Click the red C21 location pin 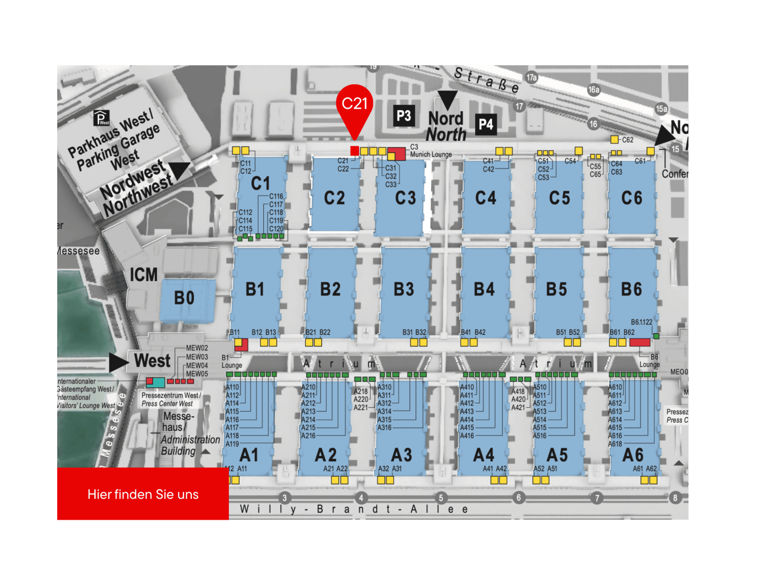point(354,106)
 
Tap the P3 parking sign point(404,115)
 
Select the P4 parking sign point(486,124)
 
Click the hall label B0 point(184,298)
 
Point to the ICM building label point(144,275)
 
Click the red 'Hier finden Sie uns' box point(143,494)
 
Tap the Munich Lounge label point(431,155)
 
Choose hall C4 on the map point(486,198)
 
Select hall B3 point(404,290)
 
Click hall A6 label point(633,455)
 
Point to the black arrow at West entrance point(119,362)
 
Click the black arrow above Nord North point(447,99)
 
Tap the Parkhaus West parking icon point(101,118)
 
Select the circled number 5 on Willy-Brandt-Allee point(441,498)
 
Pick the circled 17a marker point(532,78)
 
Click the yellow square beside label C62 point(614,139)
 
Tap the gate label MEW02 point(197,348)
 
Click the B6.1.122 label point(642,322)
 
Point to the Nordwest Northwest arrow point(180,169)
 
